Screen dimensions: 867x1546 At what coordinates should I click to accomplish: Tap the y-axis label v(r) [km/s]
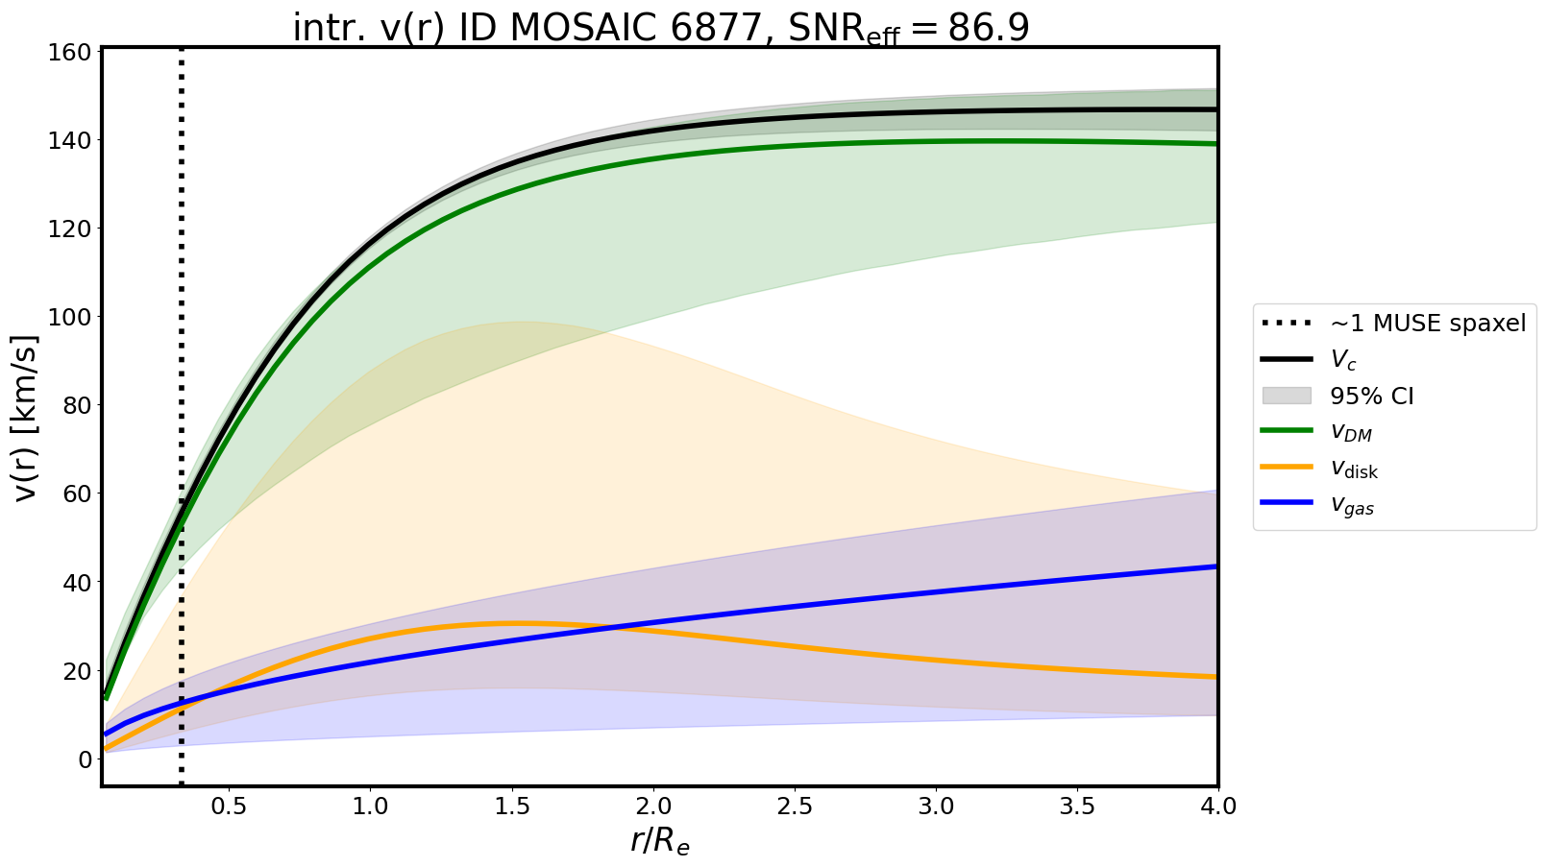click(x=27, y=418)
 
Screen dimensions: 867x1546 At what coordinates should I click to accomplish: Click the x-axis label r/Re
click(x=660, y=841)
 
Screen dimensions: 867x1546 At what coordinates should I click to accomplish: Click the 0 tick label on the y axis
click(x=85, y=759)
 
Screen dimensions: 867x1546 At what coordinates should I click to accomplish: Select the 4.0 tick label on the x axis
click(x=1217, y=807)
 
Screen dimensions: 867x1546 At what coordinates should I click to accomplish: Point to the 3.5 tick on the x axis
click(x=1076, y=807)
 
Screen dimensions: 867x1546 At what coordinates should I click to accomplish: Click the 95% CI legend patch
click(x=1287, y=396)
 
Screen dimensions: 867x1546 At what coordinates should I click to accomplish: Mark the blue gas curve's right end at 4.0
click(x=1216, y=566)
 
